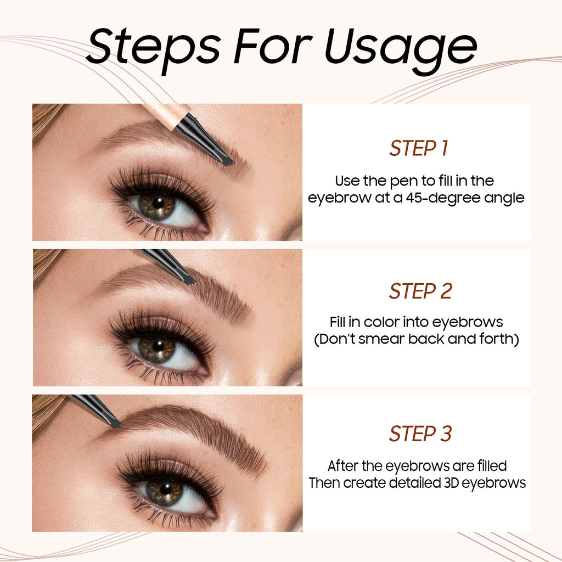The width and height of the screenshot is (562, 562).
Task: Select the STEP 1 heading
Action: (419, 148)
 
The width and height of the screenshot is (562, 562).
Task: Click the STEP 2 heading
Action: (420, 291)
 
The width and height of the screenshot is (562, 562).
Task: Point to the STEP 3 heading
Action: (420, 434)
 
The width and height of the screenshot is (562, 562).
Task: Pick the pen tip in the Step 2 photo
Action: (189, 280)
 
